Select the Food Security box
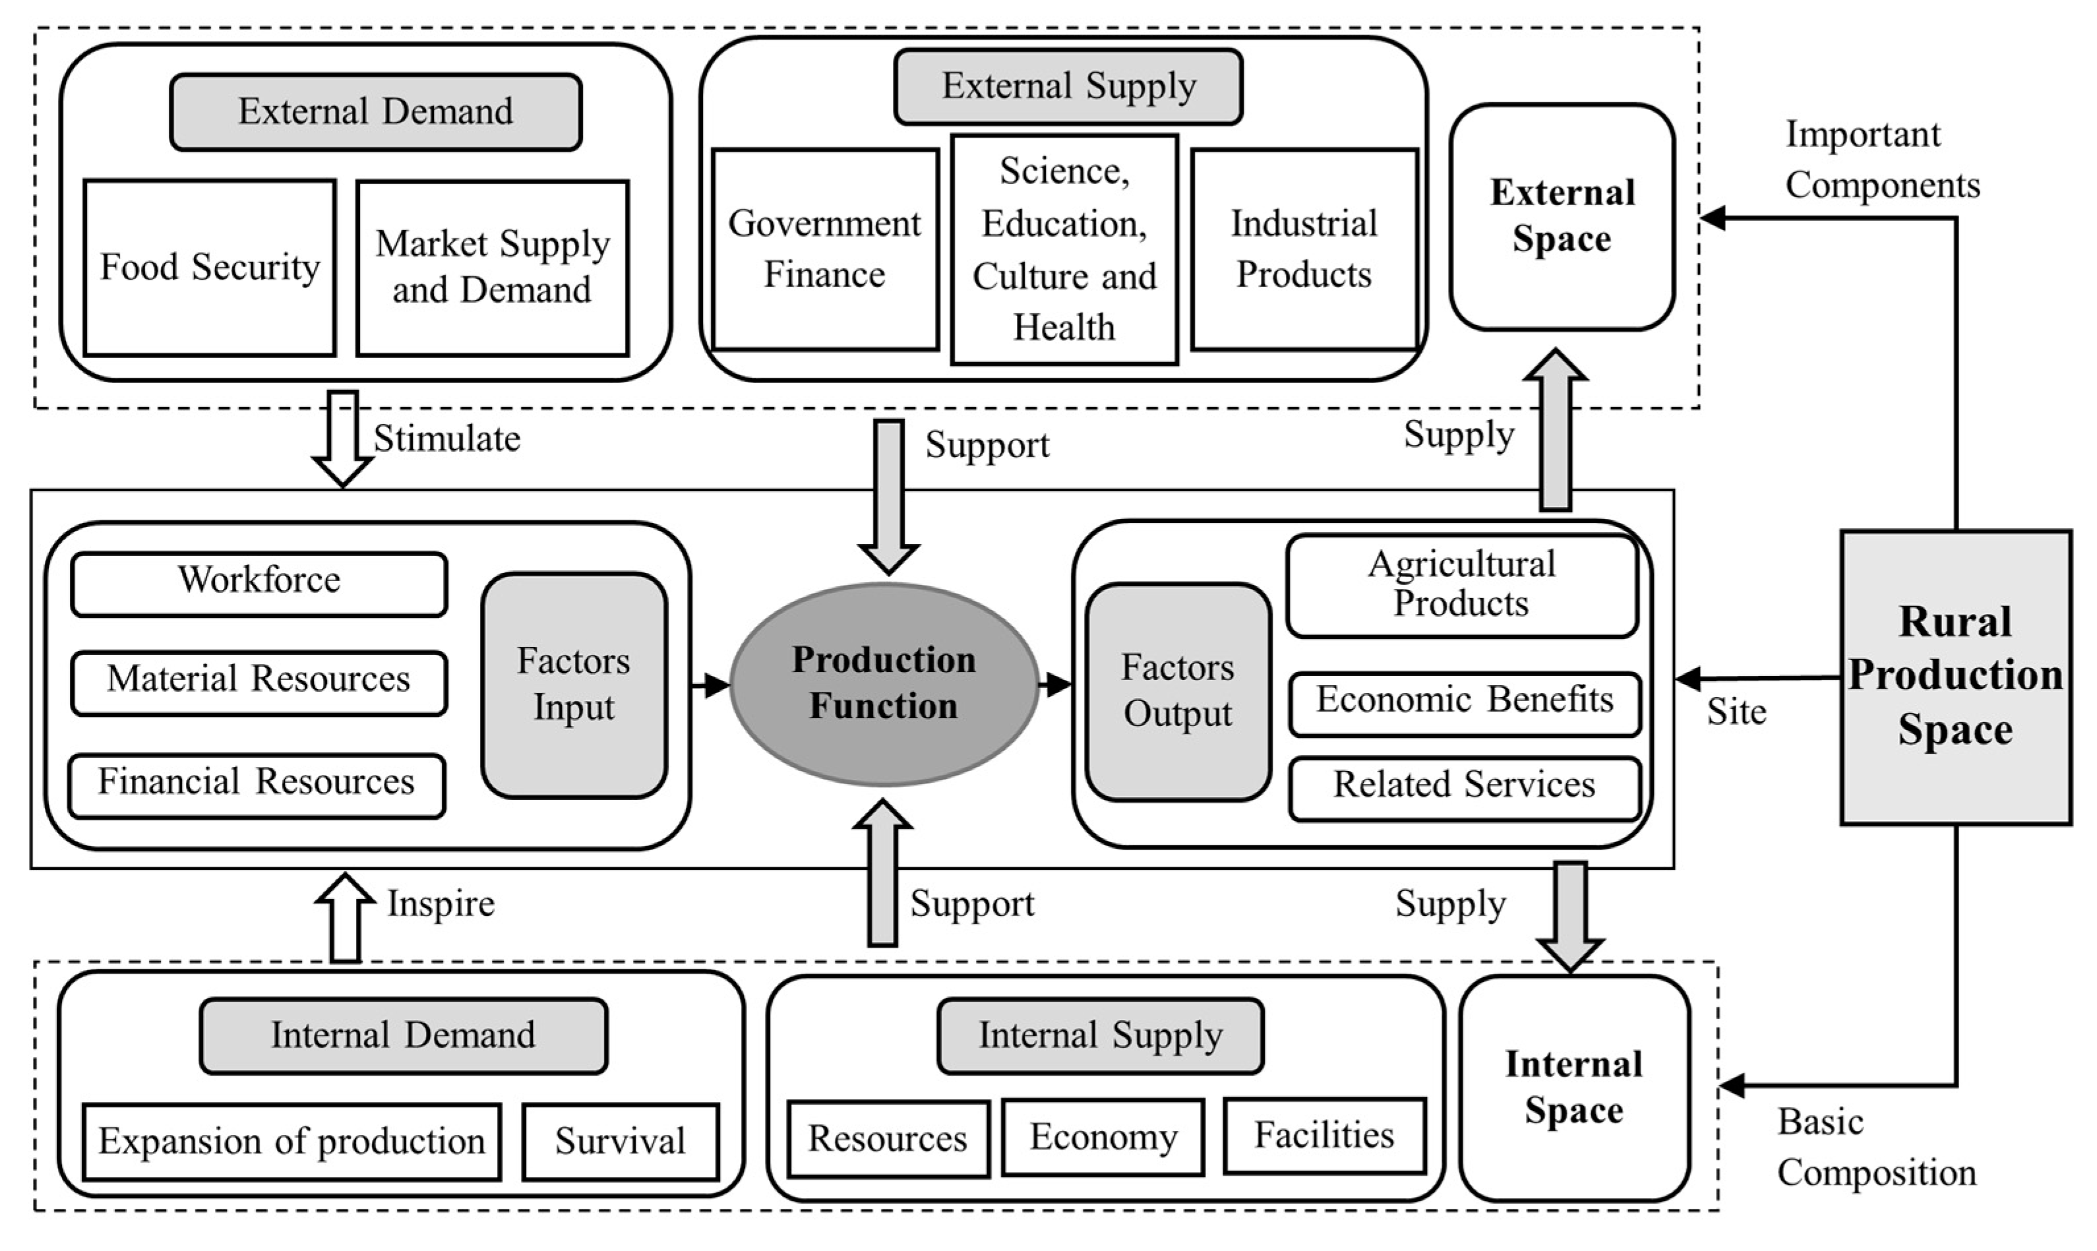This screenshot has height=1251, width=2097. pyautogui.click(x=210, y=267)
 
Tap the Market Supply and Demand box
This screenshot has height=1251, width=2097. pyautogui.click(x=492, y=267)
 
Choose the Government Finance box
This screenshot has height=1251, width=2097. pyautogui.click(x=824, y=249)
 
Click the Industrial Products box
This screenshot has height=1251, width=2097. pyautogui.click(x=1304, y=249)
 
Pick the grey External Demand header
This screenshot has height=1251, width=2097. pyautogui.click(x=376, y=112)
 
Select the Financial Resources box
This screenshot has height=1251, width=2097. pyautogui.click(x=257, y=785)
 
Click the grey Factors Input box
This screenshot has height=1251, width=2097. pyautogui.click(x=574, y=685)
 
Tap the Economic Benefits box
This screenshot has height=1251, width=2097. pyautogui.click(x=1464, y=703)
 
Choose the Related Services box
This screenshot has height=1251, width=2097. pyautogui.click(x=1464, y=787)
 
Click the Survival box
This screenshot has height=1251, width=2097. pyautogui.click(x=621, y=1142)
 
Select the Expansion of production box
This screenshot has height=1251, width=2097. pyautogui.click(x=291, y=1142)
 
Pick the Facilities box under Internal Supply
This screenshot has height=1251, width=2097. pyautogui.click(x=1324, y=1136)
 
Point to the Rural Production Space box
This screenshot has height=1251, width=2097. pyautogui.click(x=1955, y=677)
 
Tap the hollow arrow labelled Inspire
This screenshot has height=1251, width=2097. pyautogui.click(x=346, y=918)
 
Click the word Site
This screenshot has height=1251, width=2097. pyautogui.click(x=1736, y=712)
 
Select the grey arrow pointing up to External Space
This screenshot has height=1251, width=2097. pyautogui.click(x=1555, y=430)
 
